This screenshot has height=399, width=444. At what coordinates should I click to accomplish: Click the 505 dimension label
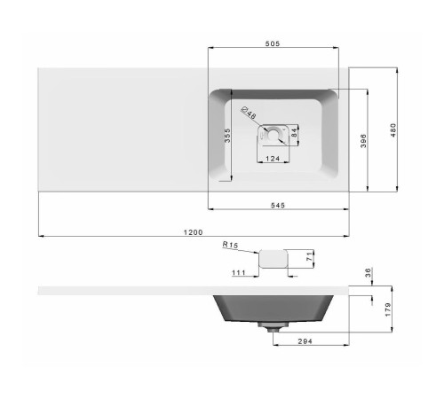click(x=273, y=43)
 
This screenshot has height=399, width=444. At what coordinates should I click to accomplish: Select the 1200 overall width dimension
click(x=193, y=232)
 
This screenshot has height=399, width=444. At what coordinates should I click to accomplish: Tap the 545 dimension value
click(x=278, y=205)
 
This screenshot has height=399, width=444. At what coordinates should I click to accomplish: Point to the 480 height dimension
click(x=393, y=130)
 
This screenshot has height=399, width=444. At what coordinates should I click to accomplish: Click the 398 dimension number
click(x=363, y=141)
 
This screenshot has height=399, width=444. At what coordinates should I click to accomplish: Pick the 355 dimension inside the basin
click(x=227, y=136)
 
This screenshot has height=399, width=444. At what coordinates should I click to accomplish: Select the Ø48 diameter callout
click(x=249, y=113)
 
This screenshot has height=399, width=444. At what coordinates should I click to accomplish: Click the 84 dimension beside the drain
click(x=294, y=132)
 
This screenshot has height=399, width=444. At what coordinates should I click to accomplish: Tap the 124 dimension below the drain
click(x=273, y=159)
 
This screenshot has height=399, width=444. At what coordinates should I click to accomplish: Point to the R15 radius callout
click(x=230, y=245)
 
